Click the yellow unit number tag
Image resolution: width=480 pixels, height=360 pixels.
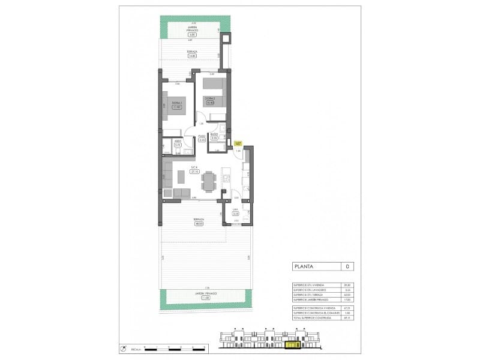tap(238, 143)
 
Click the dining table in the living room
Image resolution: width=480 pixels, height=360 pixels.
tap(208, 181)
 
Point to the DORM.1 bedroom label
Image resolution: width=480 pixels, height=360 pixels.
tap(177, 103)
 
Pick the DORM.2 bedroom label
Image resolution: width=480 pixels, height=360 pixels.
tap(209, 98)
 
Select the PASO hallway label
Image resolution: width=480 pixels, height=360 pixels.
tap(202, 137)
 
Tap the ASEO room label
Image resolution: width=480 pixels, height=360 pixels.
tap(178, 142)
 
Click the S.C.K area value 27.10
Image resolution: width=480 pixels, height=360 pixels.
tap(195, 172)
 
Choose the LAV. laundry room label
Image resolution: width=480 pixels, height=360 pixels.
tap(236, 209)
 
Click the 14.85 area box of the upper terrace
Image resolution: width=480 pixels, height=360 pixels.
tap(192, 56)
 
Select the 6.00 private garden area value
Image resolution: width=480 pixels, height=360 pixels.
tap(192, 35)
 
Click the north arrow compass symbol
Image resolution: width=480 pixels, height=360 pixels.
tap(124, 348)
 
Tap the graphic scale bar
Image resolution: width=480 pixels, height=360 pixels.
tap(167, 348)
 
